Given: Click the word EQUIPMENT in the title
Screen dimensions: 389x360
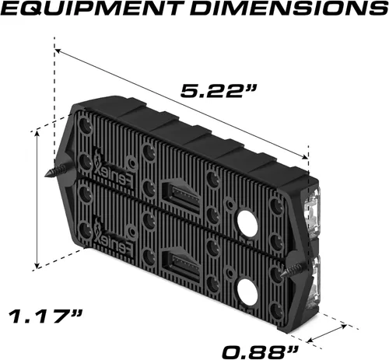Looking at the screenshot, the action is [x=93, y=9].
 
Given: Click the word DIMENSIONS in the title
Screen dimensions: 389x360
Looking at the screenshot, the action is [x=289, y=9].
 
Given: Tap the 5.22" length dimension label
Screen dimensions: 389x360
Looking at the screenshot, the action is [x=219, y=90].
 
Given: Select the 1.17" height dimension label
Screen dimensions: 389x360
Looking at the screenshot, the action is [x=46, y=316].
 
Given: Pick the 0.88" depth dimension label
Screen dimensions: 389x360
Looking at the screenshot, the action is [x=260, y=352].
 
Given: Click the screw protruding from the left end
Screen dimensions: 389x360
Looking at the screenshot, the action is [x=60, y=170].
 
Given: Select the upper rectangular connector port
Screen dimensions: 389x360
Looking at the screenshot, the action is [x=180, y=197].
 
